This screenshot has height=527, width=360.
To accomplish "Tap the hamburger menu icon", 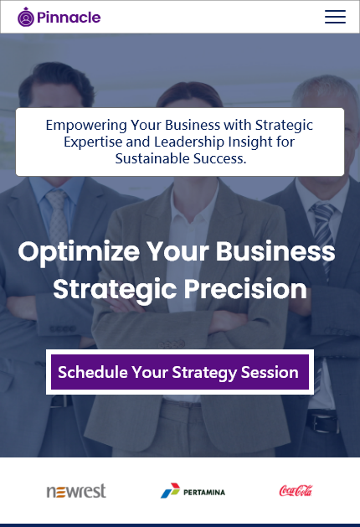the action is tap(335, 17).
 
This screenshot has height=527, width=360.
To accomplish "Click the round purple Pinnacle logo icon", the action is tap(26, 17).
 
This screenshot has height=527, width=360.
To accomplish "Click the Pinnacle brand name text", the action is tap(69, 17).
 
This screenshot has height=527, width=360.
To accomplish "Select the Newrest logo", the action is tap(76, 491).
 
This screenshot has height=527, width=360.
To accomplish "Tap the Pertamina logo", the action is tap(193, 491).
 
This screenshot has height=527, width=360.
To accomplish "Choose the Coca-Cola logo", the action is tap(296, 491).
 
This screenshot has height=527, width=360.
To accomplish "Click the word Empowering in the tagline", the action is tap(86, 126).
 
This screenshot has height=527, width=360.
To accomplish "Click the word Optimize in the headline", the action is tap(79, 252).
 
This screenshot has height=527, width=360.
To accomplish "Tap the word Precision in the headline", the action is tap(245, 289).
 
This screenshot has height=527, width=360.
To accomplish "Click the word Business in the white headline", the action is tap(275, 251).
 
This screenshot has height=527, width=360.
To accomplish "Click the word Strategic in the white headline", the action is tap(115, 290).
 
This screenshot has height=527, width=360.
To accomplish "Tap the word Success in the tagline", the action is tap(219, 158).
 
